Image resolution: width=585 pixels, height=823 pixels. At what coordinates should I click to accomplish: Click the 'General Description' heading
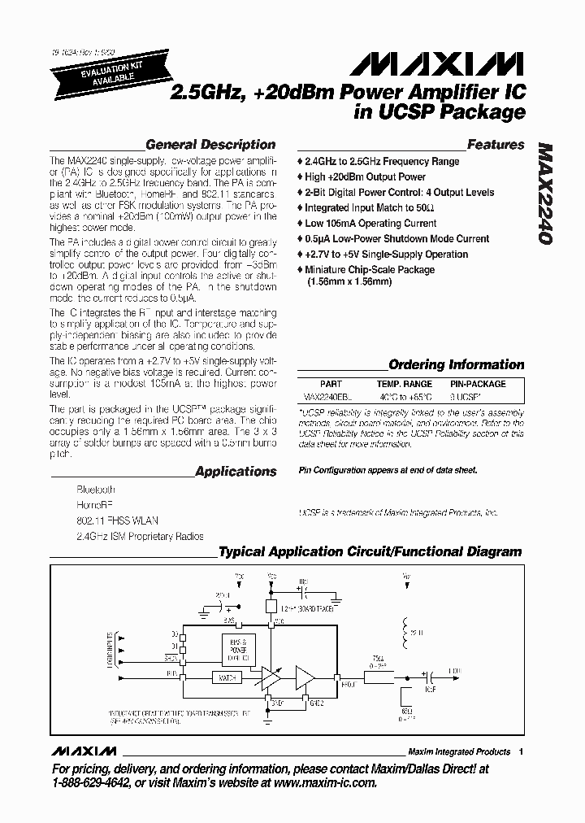click(x=210, y=146)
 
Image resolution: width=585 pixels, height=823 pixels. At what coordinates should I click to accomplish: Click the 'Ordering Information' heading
click(x=456, y=365)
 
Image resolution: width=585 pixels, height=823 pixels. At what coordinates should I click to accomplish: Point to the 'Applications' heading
click(x=236, y=472)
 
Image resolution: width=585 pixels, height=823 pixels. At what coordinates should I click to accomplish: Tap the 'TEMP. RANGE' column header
click(x=404, y=384)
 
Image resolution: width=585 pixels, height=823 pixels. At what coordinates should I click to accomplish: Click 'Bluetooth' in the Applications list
click(x=96, y=490)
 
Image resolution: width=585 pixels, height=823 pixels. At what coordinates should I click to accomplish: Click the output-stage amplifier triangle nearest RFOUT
click(x=305, y=677)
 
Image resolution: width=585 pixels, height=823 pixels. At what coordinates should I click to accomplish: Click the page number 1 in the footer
click(x=521, y=751)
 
